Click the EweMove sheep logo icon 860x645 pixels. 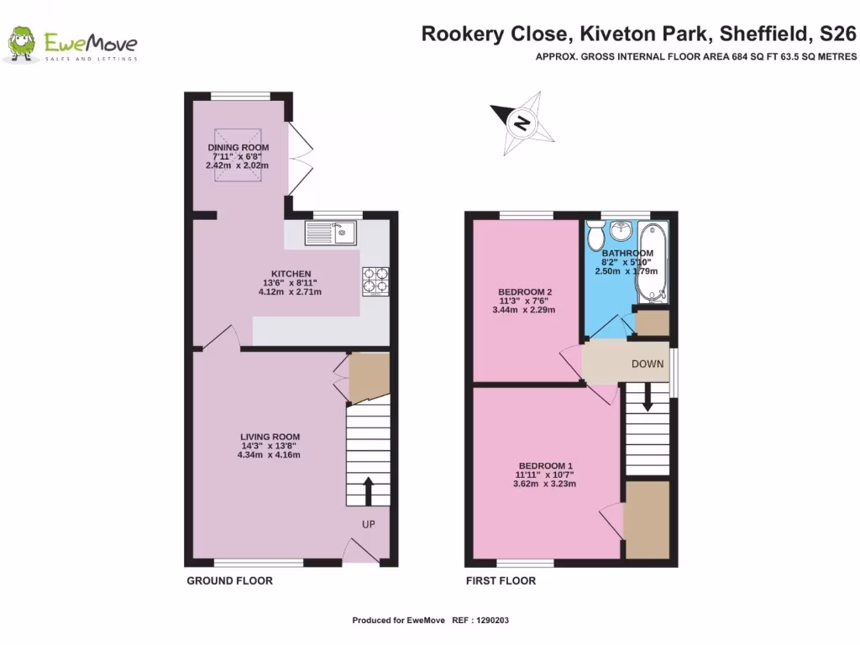click(21, 45)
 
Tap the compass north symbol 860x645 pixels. click(522, 125)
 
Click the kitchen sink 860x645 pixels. click(333, 233)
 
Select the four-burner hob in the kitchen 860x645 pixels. click(375, 281)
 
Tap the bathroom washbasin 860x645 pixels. click(622, 230)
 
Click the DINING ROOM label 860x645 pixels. click(239, 148)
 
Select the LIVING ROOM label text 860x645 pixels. click(270, 437)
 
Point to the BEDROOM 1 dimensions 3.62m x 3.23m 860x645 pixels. click(546, 484)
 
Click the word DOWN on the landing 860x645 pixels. click(648, 364)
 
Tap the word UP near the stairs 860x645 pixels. click(368, 524)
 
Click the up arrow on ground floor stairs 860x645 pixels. click(368, 491)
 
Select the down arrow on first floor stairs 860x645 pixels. click(648, 398)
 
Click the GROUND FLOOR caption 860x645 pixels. click(229, 581)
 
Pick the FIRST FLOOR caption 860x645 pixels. click(501, 581)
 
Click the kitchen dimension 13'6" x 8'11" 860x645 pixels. click(287, 283)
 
